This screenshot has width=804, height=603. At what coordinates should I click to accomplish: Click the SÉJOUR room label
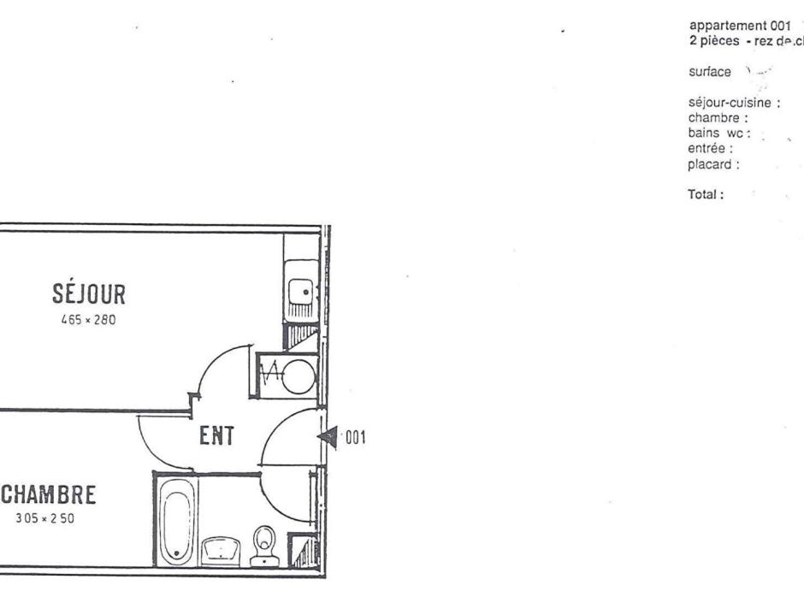[90, 295]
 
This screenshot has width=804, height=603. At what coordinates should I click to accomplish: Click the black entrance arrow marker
[328, 437]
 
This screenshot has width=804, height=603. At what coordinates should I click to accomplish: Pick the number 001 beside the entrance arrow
[356, 438]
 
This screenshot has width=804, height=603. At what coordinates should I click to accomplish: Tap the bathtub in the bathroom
[176, 520]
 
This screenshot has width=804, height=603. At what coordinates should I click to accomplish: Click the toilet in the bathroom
[263, 545]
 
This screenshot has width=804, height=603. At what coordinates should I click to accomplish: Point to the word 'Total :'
[706, 194]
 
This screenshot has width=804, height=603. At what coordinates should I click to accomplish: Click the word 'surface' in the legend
[709, 72]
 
